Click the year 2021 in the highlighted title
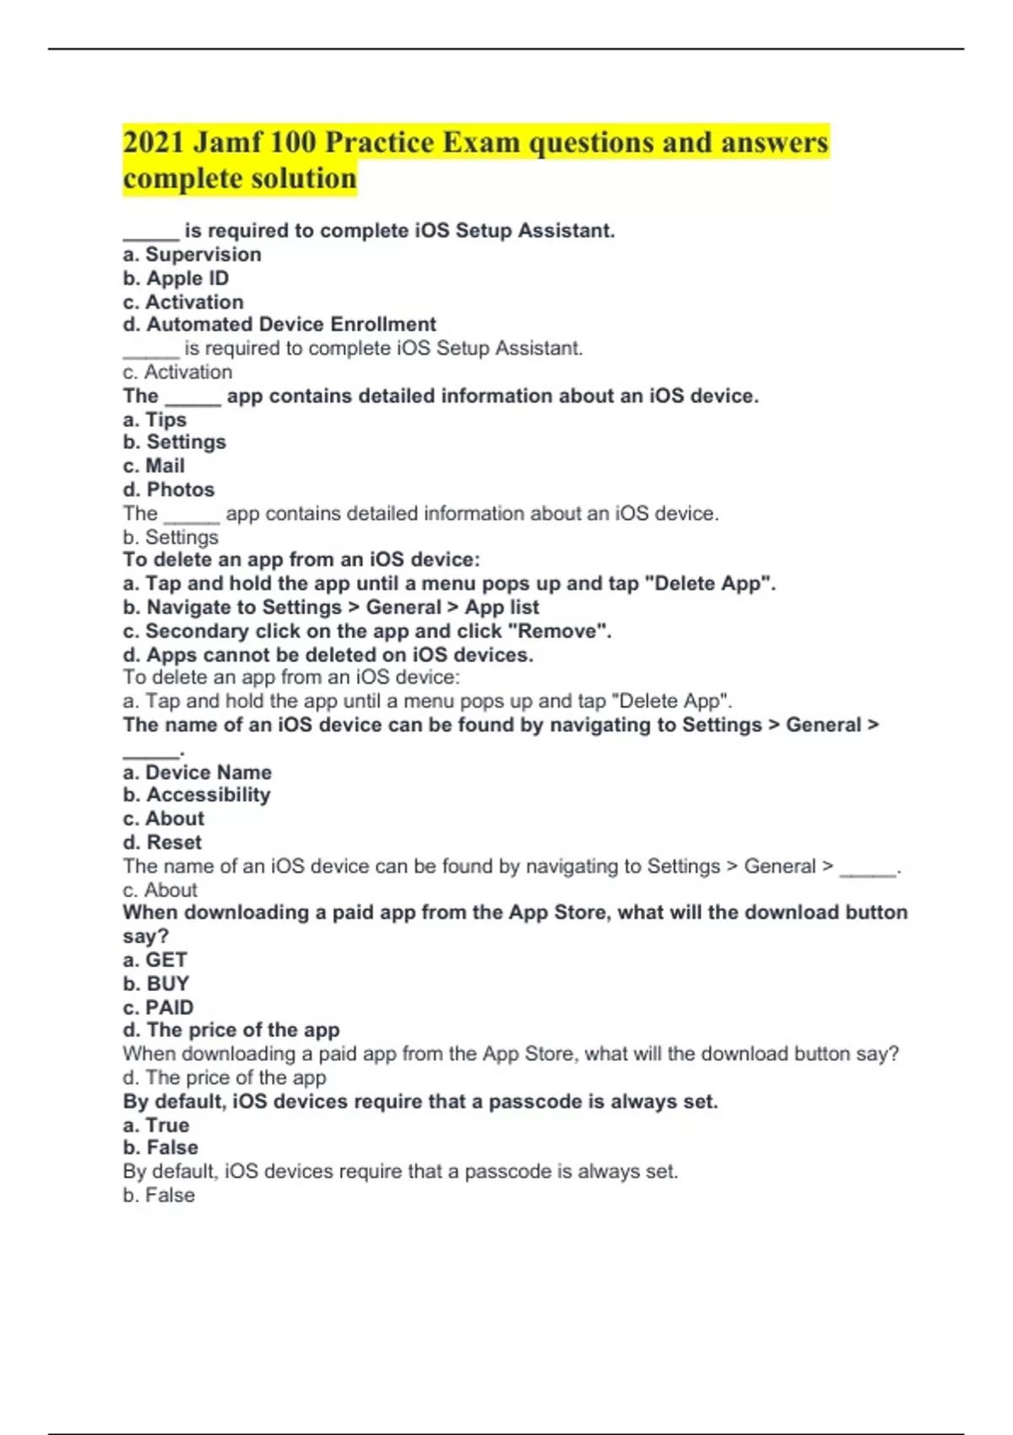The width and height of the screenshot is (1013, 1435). [x=153, y=142]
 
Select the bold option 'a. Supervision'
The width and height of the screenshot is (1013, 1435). [x=192, y=254]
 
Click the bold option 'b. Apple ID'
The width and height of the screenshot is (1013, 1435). [x=176, y=278]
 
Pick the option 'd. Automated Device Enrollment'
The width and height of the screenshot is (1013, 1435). [x=279, y=324]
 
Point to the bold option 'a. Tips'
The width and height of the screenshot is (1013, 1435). [x=154, y=419]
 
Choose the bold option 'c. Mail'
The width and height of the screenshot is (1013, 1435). [x=154, y=466]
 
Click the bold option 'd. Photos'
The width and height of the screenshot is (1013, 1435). [x=169, y=490]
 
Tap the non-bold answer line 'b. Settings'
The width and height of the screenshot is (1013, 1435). [x=171, y=537]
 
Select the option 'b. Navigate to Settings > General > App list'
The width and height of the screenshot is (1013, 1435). [x=331, y=607]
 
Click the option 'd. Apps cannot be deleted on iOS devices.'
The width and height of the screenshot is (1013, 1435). [x=328, y=654]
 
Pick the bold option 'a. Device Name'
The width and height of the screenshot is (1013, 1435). [x=198, y=772]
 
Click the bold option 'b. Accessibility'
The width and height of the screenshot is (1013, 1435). [x=197, y=794]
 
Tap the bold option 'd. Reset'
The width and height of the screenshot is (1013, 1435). [x=162, y=842]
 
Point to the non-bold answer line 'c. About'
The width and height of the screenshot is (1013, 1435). [x=160, y=890]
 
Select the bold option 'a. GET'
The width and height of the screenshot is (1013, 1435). [x=154, y=960]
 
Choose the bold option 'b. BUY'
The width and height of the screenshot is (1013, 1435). [x=156, y=983]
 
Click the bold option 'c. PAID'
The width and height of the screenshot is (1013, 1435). [x=158, y=1007]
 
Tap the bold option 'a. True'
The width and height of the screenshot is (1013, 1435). [x=156, y=1124]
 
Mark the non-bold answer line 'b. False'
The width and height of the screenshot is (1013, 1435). [x=159, y=1195]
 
